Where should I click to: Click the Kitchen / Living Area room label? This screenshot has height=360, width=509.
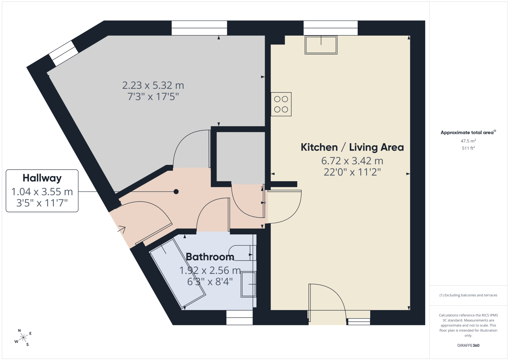point(352,147)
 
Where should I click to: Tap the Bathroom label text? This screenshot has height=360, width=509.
point(210,257)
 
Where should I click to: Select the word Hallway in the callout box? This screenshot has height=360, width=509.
point(42,178)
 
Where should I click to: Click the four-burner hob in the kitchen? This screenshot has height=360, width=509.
point(281,104)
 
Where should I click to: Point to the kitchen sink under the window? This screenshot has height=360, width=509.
point(321,45)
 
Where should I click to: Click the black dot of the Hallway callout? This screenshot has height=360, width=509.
point(176,192)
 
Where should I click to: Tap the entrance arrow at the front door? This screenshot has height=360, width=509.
point(121,230)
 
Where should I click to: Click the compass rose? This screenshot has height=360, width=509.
point(23,338)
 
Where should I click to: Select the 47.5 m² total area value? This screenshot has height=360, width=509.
point(468,141)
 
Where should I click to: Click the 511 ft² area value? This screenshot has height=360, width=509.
point(468,148)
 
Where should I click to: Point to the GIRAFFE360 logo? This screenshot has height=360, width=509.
point(468,345)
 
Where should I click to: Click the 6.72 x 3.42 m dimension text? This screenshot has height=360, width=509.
point(352,161)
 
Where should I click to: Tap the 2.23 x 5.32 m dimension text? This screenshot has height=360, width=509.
point(153,86)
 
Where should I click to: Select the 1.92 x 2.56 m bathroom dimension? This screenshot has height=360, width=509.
point(210,270)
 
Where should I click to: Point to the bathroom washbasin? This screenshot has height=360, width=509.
point(249,284)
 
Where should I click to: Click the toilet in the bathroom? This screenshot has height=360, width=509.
point(242,253)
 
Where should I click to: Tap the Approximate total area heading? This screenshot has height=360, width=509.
point(468,133)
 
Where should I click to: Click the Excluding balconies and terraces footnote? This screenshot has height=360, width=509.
point(468,295)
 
